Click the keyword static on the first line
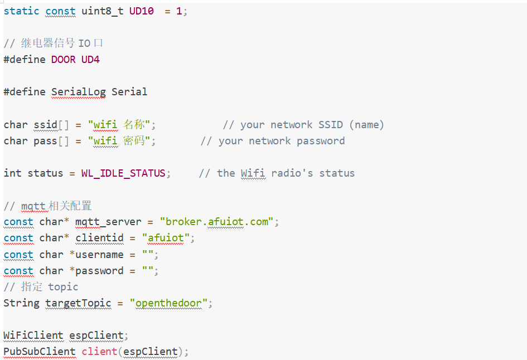[x=21, y=11]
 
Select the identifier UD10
[x=142, y=11]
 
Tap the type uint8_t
[x=103, y=11]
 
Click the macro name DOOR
[x=63, y=60]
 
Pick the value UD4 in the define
[x=90, y=60]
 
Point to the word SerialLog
[x=78, y=92]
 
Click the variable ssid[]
[x=51, y=125]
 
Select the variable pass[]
[x=51, y=141]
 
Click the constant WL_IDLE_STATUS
[x=123, y=173]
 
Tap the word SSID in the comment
[x=331, y=125]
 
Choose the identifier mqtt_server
[x=108, y=222]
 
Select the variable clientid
[x=99, y=238]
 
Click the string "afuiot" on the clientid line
[x=166, y=238]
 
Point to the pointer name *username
[x=96, y=255]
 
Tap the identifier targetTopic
[x=78, y=303]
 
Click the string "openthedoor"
[x=169, y=303]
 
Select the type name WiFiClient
[x=33, y=335]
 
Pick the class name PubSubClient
[x=40, y=352]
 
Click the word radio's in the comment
[x=292, y=173]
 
